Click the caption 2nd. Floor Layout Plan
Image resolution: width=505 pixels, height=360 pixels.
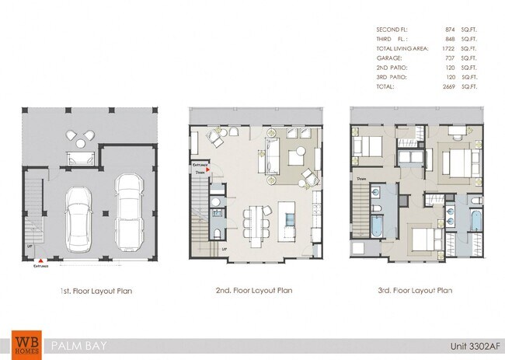(253, 290)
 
